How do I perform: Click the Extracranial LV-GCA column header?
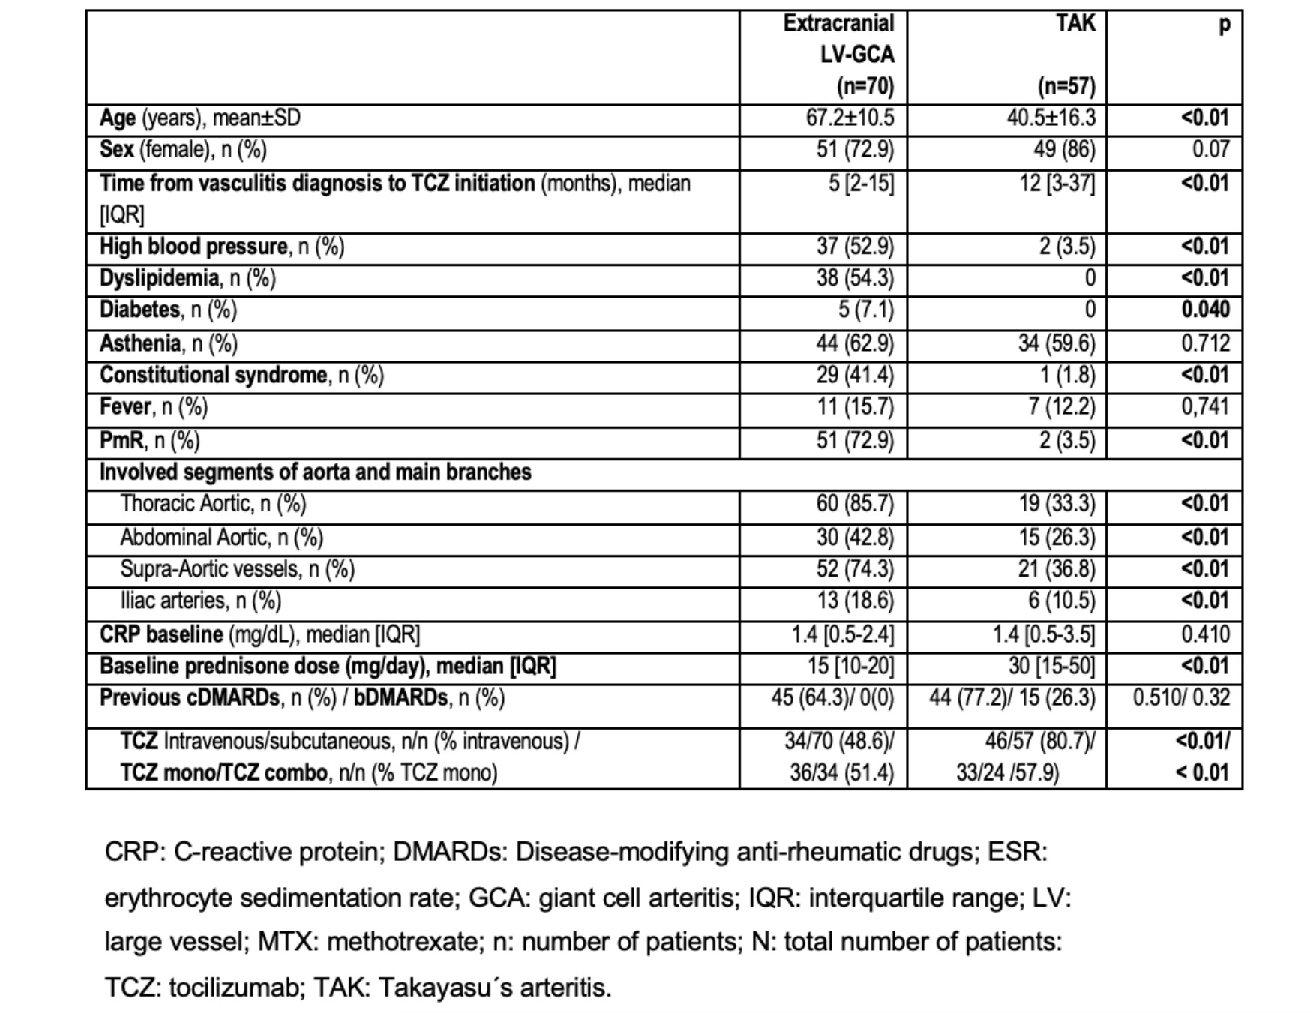click(838, 55)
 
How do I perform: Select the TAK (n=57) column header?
click(1066, 55)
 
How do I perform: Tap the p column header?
click(1224, 25)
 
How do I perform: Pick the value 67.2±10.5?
click(850, 118)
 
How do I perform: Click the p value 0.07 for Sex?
click(1210, 150)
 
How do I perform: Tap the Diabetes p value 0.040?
click(1205, 310)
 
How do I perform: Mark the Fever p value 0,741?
click(1205, 407)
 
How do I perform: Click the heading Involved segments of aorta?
click(315, 472)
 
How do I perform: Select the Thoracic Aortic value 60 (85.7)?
click(855, 504)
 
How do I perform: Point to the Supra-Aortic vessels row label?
click(237, 570)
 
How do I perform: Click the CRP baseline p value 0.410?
click(1205, 635)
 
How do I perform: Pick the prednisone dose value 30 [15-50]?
click(1051, 667)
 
